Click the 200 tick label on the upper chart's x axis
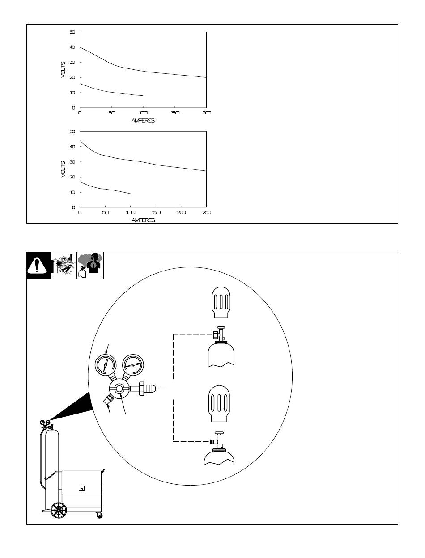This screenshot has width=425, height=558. click(x=207, y=113)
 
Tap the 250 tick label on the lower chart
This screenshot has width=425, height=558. click(x=207, y=212)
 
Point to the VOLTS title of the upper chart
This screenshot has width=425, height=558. click(x=63, y=70)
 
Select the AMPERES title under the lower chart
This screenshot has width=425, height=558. click(x=143, y=220)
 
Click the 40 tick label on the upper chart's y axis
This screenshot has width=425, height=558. click(x=72, y=47)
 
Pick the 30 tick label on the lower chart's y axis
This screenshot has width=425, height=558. click(x=72, y=162)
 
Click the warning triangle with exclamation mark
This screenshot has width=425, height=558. click(x=37, y=265)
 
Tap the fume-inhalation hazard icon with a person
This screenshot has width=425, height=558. click(x=90, y=266)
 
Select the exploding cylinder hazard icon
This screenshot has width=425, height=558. click(x=64, y=266)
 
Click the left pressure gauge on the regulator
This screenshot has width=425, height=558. click(x=106, y=365)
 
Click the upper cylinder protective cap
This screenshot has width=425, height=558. click(x=221, y=302)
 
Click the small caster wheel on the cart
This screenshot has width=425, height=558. click(x=99, y=516)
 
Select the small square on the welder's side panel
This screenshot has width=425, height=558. click(x=81, y=488)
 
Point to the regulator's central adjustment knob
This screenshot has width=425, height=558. click(x=119, y=389)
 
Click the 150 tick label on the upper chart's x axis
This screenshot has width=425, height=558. click(x=175, y=113)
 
